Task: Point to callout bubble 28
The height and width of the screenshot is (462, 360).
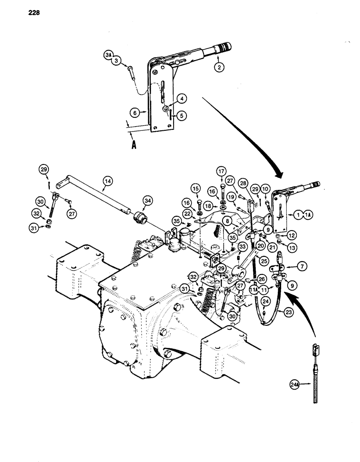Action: pos(242,184)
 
